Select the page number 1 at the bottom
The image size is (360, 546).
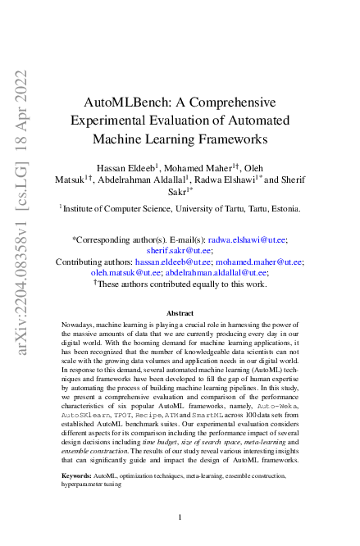coord(180,517)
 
